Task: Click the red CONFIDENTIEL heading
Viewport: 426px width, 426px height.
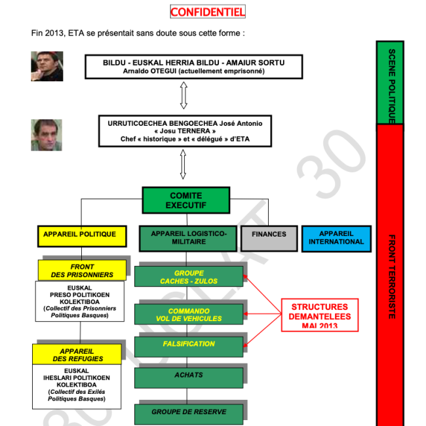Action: (208, 12)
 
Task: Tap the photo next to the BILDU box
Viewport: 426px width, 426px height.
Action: (47, 66)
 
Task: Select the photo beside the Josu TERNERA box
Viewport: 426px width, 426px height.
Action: (47, 134)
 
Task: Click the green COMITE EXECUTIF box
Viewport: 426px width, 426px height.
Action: (186, 201)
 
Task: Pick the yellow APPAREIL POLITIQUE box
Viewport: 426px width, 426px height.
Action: (79, 234)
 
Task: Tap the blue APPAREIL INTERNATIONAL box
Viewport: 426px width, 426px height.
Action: (336, 238)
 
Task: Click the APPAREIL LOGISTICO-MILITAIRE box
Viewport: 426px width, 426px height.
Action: (188, 238)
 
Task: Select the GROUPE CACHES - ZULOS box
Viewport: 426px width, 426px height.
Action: (189, 277)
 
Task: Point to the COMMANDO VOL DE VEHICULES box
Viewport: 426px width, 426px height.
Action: (189, 315)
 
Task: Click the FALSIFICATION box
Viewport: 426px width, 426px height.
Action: (189, 344)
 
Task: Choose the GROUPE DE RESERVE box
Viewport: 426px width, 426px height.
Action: (189, 412)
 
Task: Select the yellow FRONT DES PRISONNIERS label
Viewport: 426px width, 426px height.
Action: (82, 271)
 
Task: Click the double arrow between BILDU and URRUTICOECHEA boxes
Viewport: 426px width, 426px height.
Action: (184, 97)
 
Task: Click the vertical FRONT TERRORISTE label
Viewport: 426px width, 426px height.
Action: (391, 275)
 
